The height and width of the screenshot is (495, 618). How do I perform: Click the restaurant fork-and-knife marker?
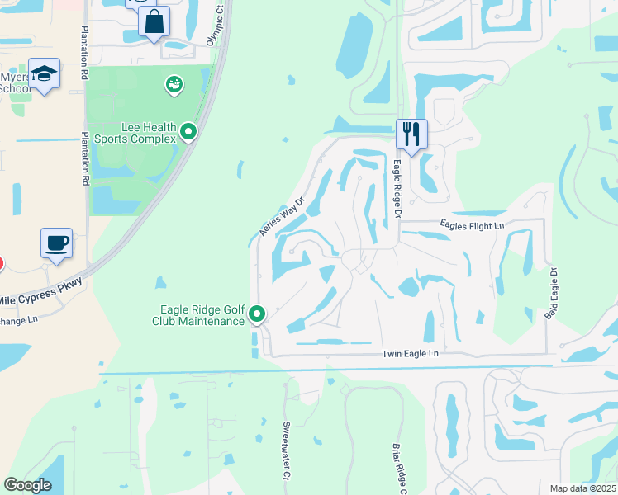(x=411, y=134)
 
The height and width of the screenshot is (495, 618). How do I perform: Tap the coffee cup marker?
(x=56, y=243)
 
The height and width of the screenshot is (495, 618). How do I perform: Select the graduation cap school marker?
(x=44, y=73)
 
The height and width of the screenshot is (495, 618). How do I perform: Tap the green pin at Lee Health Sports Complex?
(x=189, y=131)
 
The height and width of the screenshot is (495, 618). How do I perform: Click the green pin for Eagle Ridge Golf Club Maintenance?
(x=257, y=313)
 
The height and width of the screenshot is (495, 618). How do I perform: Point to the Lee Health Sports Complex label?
(x=137, y=133)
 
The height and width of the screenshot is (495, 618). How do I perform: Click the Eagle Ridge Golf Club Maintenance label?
(x=202, y=315)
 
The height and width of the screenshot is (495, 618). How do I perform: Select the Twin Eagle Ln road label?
(x=410, y=353)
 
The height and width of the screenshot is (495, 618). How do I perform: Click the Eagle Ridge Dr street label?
(x=397, y=189)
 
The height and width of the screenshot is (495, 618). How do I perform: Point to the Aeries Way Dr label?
(x=283, y=217)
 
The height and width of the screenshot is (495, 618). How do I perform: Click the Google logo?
(x=27, y=485)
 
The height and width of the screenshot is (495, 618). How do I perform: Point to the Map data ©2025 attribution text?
(x=582, y=488)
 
